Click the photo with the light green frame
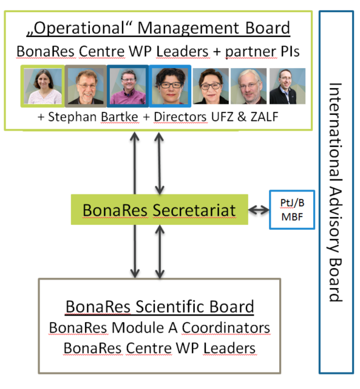tap(42, 86)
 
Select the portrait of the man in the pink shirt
tap(128, 86)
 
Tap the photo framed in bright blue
tap(170, 86)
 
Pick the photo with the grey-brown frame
tap(86, 86)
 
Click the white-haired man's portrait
tap(248, 86)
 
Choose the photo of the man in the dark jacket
tap(287, 86)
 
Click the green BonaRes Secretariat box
tap(159, 210)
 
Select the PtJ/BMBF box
tap(292, 210)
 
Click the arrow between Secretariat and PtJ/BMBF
tap(259, 210)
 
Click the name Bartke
tap(120, 117)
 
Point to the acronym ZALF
tap(264, 117)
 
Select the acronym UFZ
tap(222, 117)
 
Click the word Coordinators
tap(226, 328)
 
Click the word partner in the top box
tap(251, 52)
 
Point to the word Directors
tap(180, 117)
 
